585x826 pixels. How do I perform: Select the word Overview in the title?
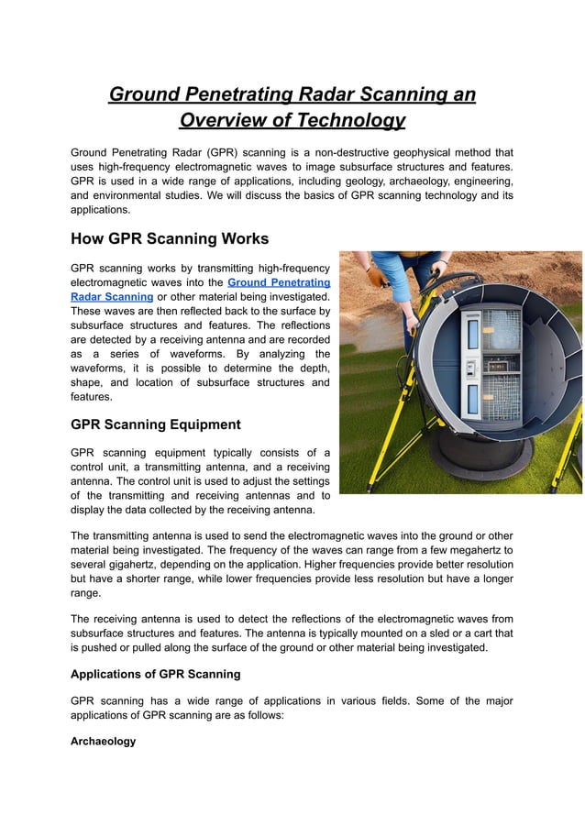222,121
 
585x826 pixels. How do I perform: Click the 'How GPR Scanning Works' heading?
170,239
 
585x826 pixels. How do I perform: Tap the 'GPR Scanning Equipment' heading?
156,424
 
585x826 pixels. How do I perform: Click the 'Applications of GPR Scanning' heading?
156,674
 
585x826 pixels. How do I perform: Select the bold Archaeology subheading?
103,741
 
